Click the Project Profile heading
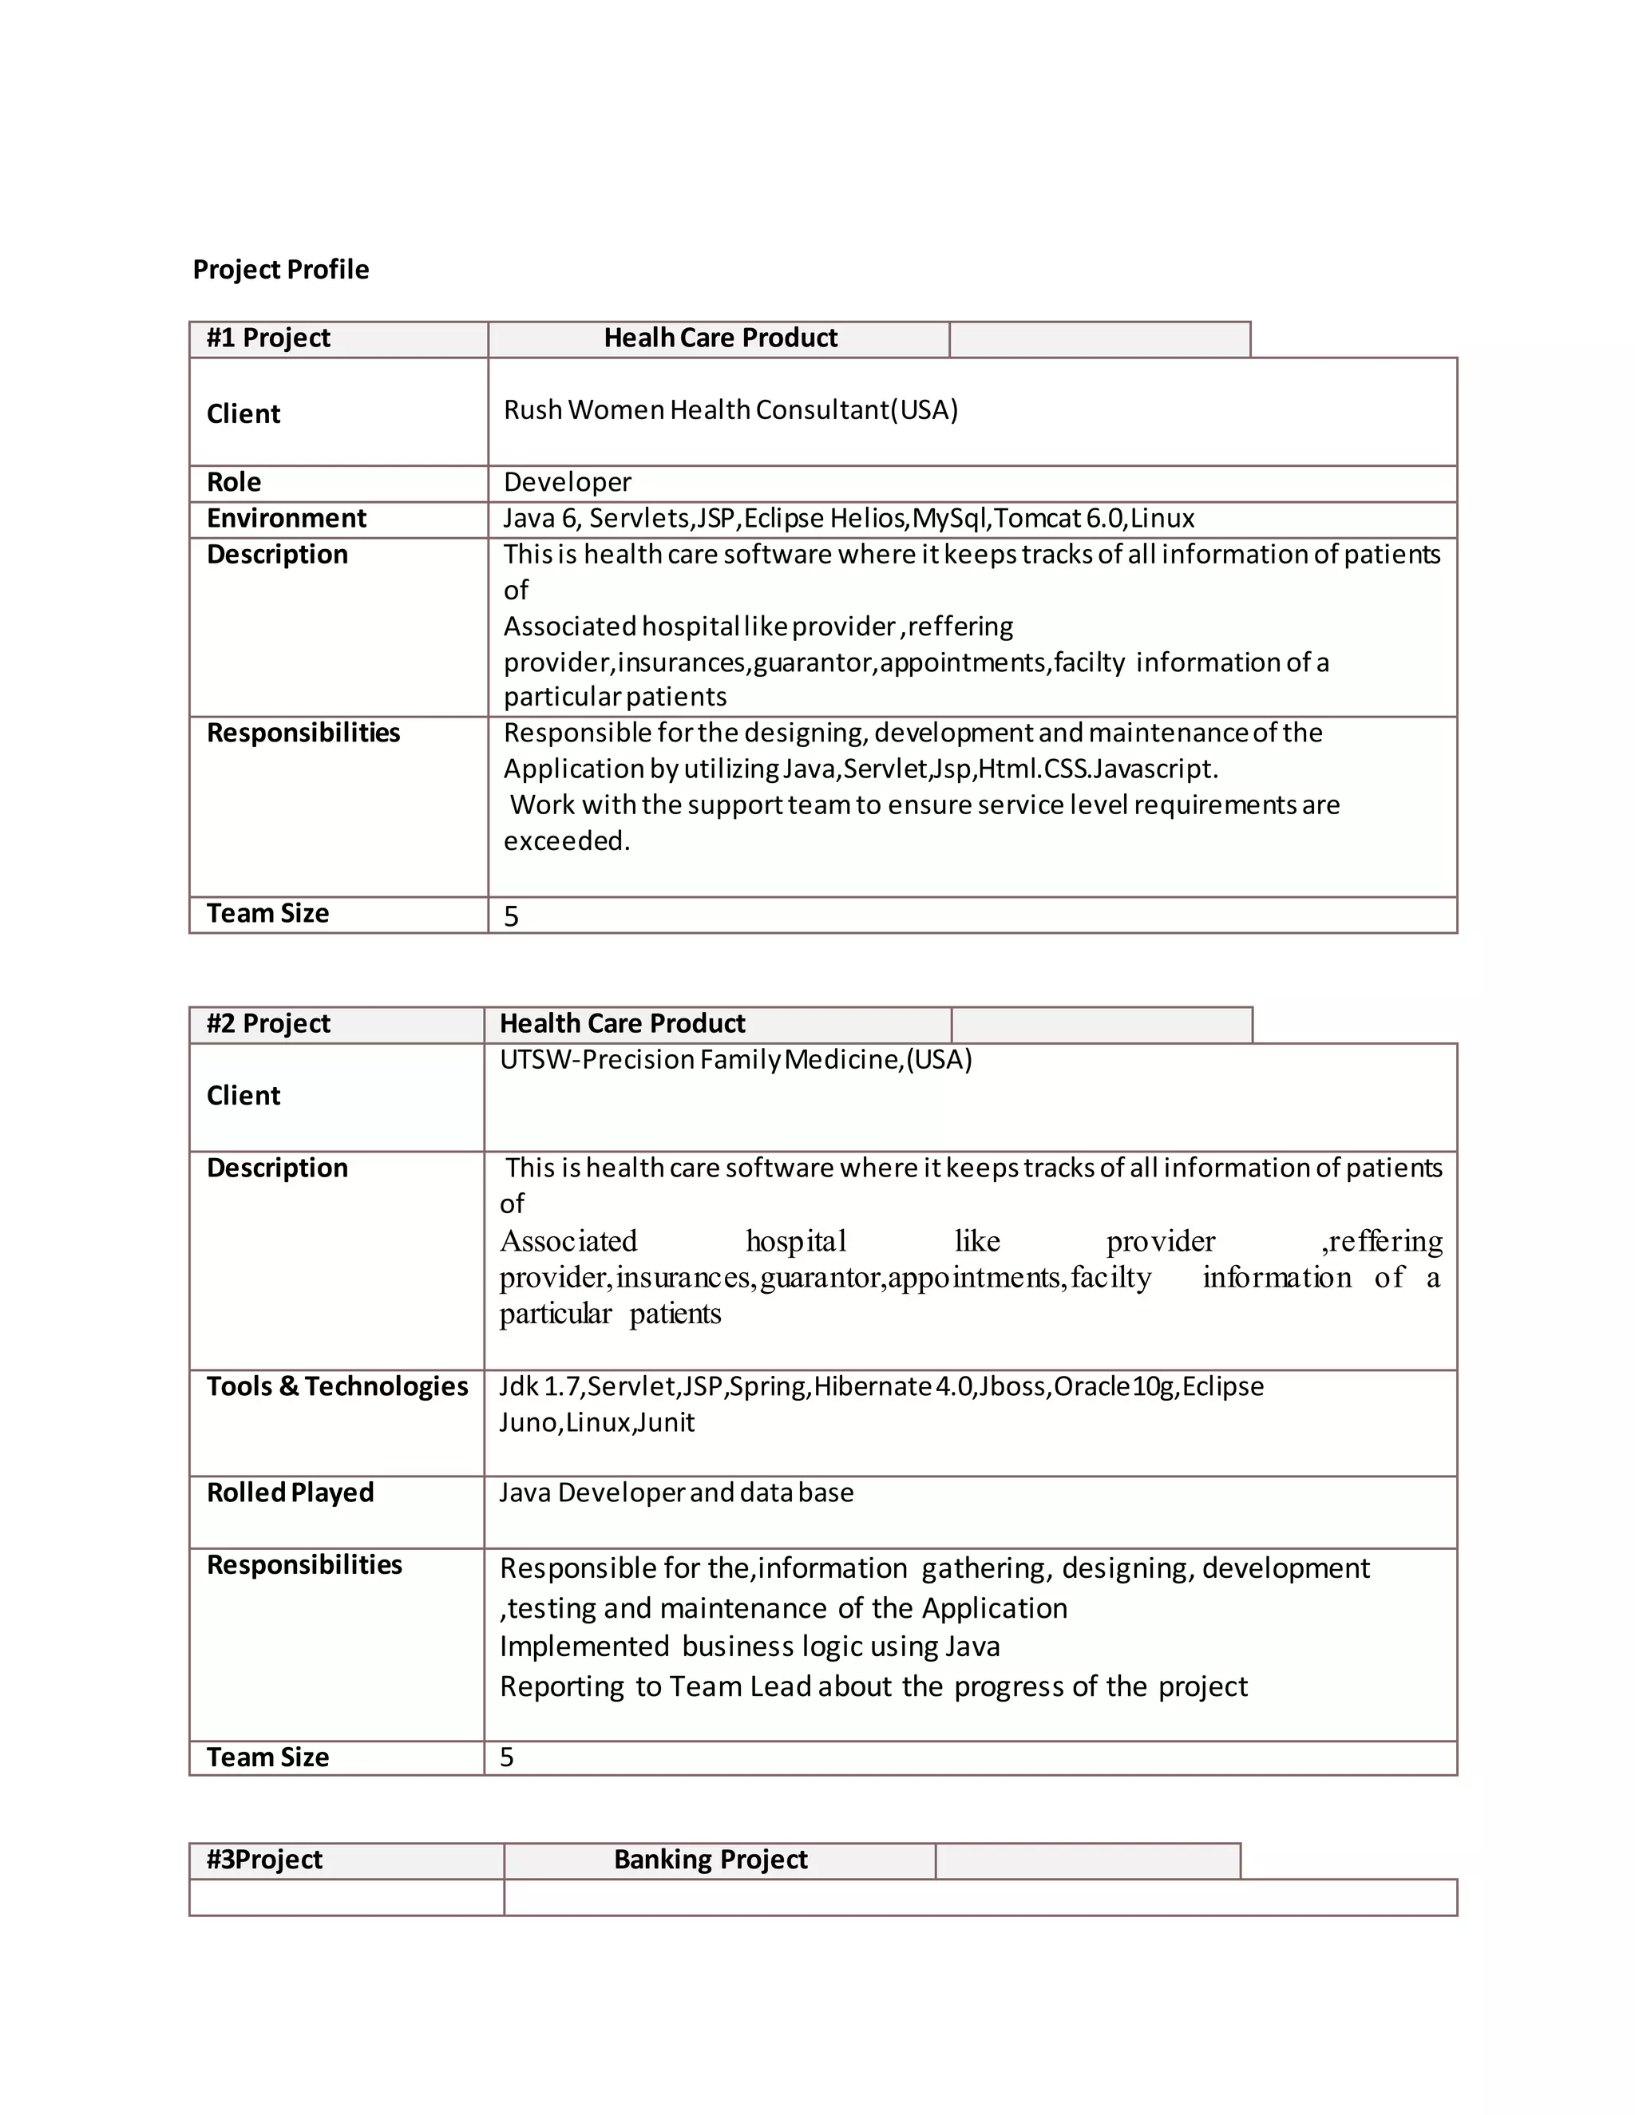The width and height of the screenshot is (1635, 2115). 280,269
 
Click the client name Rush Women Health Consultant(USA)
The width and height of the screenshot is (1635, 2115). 730,409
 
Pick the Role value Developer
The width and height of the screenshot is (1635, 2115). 567,482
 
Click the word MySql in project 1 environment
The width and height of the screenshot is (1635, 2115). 949,518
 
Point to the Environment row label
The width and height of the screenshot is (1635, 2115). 286,518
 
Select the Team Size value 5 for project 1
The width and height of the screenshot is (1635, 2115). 512,916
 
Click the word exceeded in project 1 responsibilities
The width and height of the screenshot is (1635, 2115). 566,840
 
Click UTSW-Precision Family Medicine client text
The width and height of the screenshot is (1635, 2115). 735,1059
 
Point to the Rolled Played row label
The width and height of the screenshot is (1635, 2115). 290,1492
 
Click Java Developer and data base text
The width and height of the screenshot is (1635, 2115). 676,1492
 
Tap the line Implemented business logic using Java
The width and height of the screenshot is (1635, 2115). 750,1647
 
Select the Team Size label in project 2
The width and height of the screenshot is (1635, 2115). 267,1757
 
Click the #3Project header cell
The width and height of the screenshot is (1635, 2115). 263,1860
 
